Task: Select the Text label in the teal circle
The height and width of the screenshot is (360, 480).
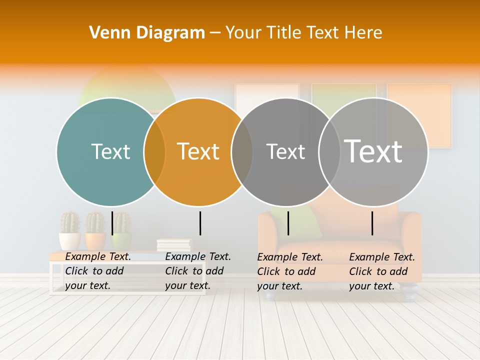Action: point(110,151)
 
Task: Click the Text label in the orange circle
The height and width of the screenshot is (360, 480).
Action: point(198,151)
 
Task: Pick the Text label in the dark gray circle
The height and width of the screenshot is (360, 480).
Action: point(285,151)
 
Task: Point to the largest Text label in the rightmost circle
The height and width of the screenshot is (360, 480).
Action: point(373,151)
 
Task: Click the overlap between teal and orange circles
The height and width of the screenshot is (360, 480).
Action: point(154,151)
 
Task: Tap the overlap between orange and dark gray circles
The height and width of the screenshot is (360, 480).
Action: point(242,151)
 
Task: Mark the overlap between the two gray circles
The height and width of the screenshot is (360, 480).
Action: point(329,151)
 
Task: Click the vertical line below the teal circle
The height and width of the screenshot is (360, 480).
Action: point(112,223)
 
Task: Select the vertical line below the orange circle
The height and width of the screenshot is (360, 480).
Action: point(200,223)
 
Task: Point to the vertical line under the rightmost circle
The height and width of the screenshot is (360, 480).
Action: point(372,223)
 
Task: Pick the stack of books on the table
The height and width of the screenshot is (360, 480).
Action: point(174,245)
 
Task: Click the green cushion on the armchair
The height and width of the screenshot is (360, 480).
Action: point(306,220)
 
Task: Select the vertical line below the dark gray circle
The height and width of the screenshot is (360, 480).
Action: point(288,223)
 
